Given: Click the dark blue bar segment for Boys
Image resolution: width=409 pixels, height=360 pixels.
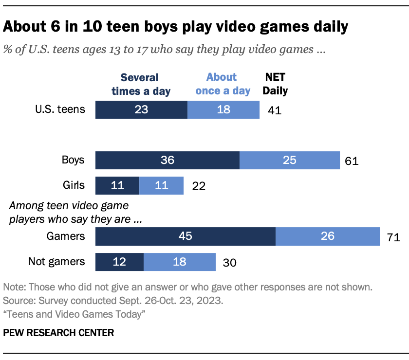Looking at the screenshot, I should (167, 160).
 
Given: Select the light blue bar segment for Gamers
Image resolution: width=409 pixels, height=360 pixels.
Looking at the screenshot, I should (327, 236).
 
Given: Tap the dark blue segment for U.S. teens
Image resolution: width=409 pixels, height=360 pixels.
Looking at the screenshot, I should (141, 109).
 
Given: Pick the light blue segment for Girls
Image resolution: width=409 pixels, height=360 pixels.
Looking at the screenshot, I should (161, 185).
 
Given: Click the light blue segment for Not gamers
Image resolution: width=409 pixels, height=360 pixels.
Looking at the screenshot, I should (179, 262).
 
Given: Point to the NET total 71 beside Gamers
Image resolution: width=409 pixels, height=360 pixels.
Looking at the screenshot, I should (393, 237).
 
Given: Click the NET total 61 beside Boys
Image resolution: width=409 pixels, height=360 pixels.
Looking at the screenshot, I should (351, 161).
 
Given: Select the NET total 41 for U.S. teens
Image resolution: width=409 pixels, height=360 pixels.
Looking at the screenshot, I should (275, 110).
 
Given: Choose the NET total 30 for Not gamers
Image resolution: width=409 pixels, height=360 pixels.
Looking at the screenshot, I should (229, 263).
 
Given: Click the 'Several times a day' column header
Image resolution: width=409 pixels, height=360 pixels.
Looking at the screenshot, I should (140, 84).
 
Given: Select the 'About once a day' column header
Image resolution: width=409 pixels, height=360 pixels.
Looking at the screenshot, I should (222, 84).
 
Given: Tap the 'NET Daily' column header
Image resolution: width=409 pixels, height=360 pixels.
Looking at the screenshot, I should (276, 84).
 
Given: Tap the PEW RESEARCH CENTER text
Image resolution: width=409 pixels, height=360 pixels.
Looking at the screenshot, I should (58, 333).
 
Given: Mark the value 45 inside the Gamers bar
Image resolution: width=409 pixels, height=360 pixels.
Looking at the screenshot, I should (186, 236).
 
